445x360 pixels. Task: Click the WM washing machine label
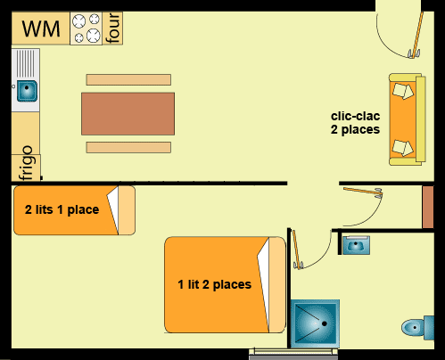tap(41, 29)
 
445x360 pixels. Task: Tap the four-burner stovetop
tap(87, 29)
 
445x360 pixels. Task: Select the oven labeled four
tap(112, 29)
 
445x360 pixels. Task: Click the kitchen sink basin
tap(27, 91)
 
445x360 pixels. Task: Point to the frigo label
tap(26, 163)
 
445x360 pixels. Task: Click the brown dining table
tap(128, 114)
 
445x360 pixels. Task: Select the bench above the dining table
tap(128, 79)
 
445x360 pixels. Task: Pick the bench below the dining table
tap(128, 147)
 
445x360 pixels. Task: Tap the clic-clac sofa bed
tap(408, 119)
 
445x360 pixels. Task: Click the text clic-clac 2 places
tap(355, 123)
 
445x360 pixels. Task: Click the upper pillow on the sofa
tap(403, 91)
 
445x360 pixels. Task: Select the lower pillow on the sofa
tap(403, 148)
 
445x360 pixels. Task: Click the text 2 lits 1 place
tap(62, 209)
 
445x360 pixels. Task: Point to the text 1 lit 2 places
tap(215, 284)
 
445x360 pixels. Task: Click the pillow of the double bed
tap(277, 284)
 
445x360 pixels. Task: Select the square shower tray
tap(315, 323)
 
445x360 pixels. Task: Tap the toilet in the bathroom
tap(417, 328)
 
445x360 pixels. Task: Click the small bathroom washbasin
tap(356, 245)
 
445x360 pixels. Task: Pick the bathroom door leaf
tap(297, 250)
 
